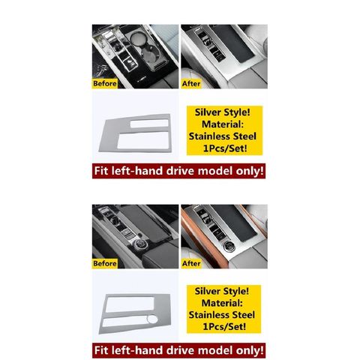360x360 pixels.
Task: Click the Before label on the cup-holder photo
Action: tap(105, 83)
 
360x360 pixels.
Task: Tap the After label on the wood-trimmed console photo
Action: tap(191, 263)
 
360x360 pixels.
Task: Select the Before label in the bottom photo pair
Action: tap(105, 263)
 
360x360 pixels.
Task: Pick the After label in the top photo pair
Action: tap(191, 83)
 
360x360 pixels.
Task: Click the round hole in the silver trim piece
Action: tap(152, 319)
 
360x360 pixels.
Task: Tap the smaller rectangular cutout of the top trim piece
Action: tap(149, 123)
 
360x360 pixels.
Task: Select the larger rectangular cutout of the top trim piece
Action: tap(143, 141)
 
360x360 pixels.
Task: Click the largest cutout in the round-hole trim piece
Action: tap(130, 304)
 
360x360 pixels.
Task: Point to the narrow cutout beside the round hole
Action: tap(124, 322)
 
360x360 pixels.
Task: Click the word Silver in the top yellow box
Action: tap(208, 112)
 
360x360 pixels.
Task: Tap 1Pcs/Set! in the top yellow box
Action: tap(225, 148)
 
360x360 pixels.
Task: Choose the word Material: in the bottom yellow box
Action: tap(222, 303)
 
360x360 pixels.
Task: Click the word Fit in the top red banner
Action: tap(101, 171)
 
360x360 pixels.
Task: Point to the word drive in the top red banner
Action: tap(181, 171)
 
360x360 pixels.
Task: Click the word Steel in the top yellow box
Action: tap(244, 136)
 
